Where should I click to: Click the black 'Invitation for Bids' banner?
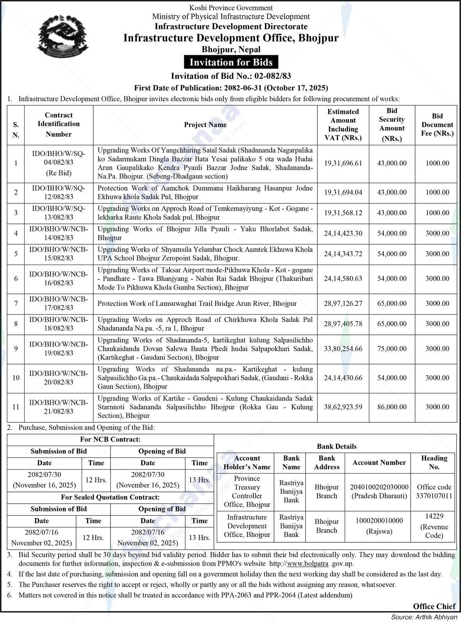(231, 62)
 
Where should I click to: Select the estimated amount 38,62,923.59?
(343, 407)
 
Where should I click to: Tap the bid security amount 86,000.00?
(392, 407)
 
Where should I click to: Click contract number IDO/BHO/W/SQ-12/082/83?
(59, 192)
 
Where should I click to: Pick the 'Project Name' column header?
(205, 125)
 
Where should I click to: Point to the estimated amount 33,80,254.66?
(343, 349)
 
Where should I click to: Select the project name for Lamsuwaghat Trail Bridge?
(197, 304)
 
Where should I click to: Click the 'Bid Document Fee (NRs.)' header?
(437, 125)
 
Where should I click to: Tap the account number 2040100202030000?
(379, 487)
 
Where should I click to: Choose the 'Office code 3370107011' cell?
(434, 491)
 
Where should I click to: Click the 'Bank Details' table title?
(336, 446)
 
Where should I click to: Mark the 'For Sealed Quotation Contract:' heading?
(110, 497)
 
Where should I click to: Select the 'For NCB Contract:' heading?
(110, 440)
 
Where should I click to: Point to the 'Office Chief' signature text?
(434, 606)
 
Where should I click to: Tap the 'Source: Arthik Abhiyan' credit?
(424, 617)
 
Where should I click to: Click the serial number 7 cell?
(16, 304)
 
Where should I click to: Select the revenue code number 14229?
(434, 517)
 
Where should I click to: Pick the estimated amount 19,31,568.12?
(343, 213)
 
